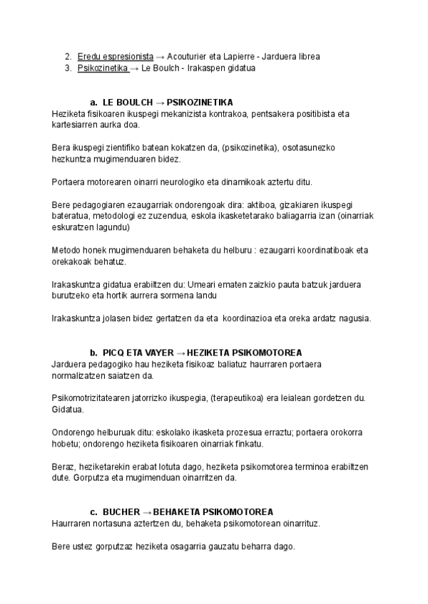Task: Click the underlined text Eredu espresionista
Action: (x=116, y=56)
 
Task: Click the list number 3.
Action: (x=68, y=68)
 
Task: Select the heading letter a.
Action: (x=93, y=103)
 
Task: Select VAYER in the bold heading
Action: (x=150, y=353)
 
